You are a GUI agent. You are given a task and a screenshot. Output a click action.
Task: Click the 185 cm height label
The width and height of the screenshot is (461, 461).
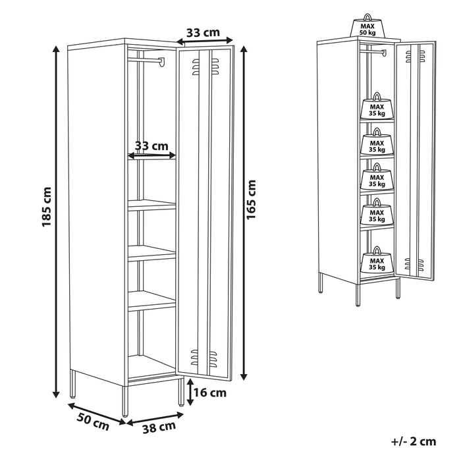coord(47,207)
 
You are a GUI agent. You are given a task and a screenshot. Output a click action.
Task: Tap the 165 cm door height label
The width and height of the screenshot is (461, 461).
coord(252,200)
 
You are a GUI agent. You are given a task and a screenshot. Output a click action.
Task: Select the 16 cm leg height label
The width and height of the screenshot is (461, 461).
coord(210,393)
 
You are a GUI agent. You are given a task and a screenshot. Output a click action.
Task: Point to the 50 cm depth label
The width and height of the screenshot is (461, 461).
coord(93,421)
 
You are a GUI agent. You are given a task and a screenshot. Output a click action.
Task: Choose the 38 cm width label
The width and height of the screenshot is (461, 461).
coord(159,427)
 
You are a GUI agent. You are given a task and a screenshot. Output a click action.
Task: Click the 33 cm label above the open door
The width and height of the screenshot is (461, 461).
coord(203,33)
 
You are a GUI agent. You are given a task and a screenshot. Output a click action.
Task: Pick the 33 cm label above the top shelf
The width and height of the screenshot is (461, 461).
coord(151,146)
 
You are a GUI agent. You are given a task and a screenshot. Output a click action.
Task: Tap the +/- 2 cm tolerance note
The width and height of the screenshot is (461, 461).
coord(414,441)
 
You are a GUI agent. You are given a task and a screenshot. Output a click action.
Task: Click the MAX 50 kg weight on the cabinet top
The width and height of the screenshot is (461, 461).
coord(367,26)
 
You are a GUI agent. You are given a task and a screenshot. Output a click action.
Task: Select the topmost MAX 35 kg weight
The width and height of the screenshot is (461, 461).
coord(377,106)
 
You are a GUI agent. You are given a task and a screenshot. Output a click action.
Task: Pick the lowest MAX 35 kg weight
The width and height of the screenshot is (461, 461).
coord(377,260)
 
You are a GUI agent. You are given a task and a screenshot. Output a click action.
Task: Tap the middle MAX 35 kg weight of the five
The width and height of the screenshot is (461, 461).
coord(377,177)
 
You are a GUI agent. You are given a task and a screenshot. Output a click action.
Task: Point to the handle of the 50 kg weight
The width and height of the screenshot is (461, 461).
coord(367,16)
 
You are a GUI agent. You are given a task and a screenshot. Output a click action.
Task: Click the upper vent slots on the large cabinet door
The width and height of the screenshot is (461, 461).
coord(205,67)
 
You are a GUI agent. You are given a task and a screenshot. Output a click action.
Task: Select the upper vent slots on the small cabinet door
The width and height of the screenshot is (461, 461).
coord(415,56)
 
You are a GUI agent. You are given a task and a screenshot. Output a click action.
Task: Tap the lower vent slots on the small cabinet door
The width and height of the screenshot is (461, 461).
coord(414,263)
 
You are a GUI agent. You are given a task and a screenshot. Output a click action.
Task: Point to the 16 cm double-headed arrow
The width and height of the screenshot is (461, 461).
coord(190,393)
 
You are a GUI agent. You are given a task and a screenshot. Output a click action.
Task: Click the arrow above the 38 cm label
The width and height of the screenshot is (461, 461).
coord(155,419)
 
